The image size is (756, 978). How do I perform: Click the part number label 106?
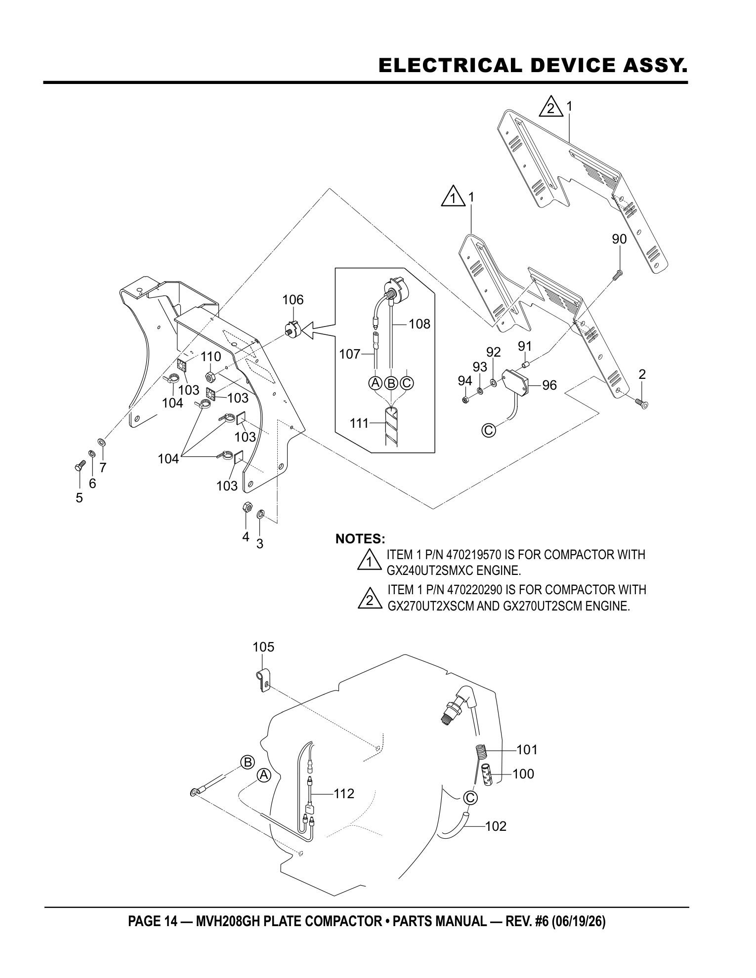click(293, 300)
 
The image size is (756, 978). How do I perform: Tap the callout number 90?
click(619, 239)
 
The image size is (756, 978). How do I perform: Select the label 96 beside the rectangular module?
click(549, 385)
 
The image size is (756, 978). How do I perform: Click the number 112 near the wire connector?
click(344, 794)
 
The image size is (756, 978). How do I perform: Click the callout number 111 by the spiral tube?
click(360, 423)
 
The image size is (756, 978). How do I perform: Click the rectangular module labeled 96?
click(515, 382)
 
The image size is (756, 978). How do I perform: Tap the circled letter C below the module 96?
click(488, 430)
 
